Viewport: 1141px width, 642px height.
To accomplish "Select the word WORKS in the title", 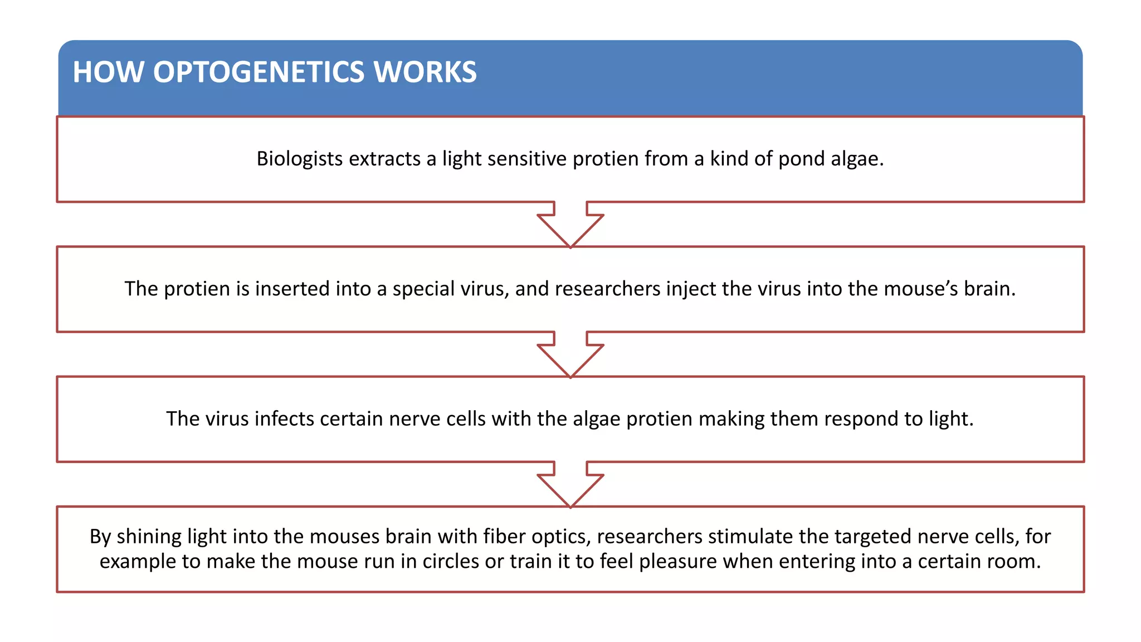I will click(x=425, y=72).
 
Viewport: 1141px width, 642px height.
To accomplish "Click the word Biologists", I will click(x=299, y=159).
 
